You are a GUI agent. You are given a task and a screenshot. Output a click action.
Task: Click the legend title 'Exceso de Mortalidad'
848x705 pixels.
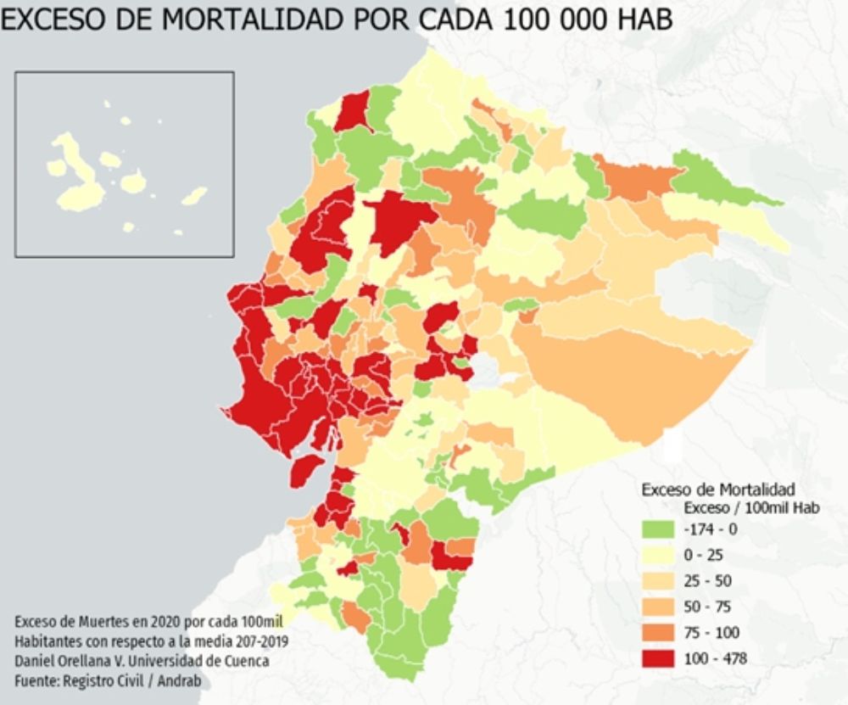717,490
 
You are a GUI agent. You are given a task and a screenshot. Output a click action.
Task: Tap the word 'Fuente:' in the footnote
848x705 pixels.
39,680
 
